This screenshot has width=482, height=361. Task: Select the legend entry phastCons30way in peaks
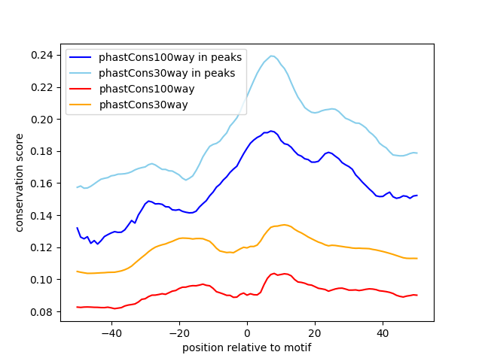pos(157,73)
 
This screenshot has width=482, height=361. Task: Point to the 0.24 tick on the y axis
pos(42,55)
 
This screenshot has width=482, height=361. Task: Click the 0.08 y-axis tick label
pos(42,311)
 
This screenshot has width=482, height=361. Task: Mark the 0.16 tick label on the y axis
pos(42,184)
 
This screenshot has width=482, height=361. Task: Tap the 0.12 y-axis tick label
pos(42,247)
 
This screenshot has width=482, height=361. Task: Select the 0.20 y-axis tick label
pos(42,120)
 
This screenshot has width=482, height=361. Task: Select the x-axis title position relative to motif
pos(246,347)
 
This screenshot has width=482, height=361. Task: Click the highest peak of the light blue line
pos(272,56)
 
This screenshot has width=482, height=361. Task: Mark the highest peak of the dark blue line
pos(271,131)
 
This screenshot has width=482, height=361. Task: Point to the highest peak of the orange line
pos(284,224)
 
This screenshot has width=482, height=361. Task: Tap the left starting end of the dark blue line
pos(77,227)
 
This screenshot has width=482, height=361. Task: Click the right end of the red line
pos(416,295)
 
